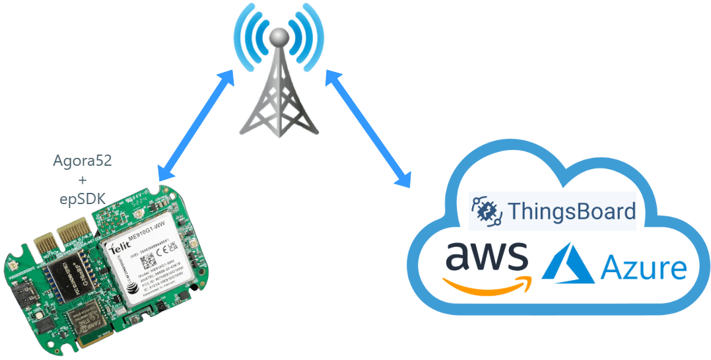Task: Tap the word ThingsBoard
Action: pos(572,211)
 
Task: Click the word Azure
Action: pos(643,269)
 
